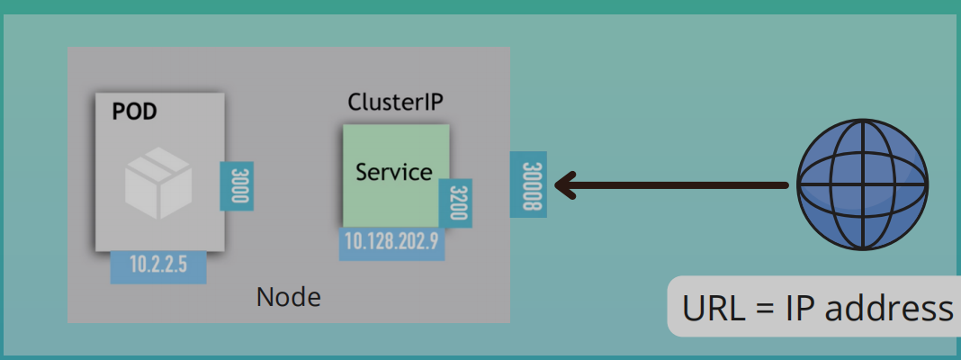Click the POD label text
134,112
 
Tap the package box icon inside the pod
157,183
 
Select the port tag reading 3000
237,186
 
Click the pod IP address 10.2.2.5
158,265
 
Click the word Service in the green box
393,171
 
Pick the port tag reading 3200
455,203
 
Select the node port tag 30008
528,184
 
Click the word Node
288,296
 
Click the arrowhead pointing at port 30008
564,185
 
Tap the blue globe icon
862,184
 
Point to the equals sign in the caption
764,309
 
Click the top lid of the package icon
157,163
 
